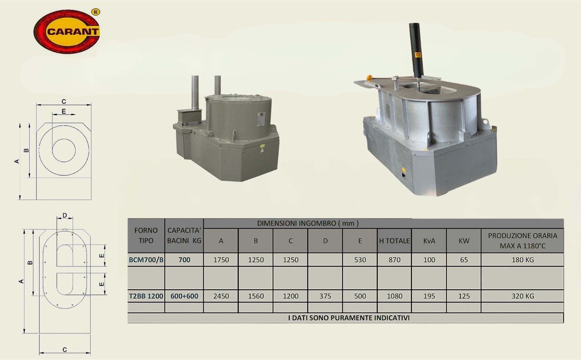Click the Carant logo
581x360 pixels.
click(67, 31)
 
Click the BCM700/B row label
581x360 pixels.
click(146, 260)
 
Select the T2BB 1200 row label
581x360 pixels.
click(146, 296)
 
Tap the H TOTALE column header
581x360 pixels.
click(394, 241)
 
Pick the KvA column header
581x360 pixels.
click(429, 241)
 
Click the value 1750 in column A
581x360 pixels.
click(221, 260)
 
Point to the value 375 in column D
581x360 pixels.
click(325, 296)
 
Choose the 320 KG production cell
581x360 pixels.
click(523, 296)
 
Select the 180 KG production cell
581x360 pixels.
click(523, 260)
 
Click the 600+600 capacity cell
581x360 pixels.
click(184, 296)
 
